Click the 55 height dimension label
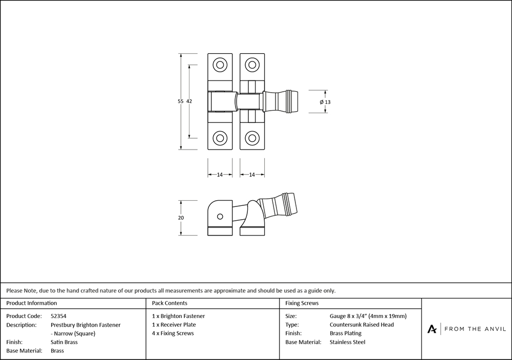click(x=181, y=101)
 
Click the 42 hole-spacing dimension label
click(x=189, y=101)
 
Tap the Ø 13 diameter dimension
click(x=325, y=102)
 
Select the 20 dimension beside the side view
click(x=181, y=218)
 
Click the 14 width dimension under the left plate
click(x=220, y=175)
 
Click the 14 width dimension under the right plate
click(x=252, y=175)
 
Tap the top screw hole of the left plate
click(x=220, y=65)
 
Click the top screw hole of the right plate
click(x=252, y=65)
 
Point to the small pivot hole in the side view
click(x=220, y=217)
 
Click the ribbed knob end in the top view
click(x=293, y=101)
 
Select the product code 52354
click(x=59, y=316)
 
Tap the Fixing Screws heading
click(x=302, y=303)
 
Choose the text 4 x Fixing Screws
click(x=173, y=333)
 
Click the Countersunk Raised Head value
click(x=361, y=325)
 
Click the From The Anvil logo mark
click(x=432, y=329)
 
